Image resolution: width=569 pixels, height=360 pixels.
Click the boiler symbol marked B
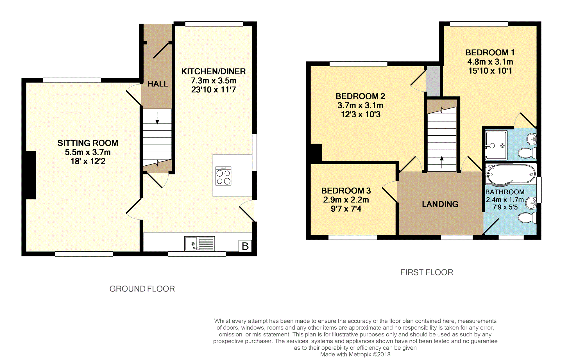(245, 246)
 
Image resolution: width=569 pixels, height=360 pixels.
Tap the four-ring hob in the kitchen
(223, 176)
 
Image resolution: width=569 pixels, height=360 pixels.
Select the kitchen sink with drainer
(200, 243)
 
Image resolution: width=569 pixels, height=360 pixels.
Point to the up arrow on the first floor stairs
(442, 162)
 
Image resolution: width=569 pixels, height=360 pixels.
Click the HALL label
(158, 84)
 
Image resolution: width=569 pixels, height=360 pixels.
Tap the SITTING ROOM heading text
(88, 143)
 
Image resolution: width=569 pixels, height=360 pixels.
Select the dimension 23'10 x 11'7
(213, 90)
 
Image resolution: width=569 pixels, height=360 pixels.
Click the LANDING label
(440, 204)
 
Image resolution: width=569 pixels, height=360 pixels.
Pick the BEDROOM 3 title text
(346, 191)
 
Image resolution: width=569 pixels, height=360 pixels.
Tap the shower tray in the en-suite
(496, 145)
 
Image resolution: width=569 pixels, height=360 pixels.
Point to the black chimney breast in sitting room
(31, 175)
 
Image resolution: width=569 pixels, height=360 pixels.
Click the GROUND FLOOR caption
(142, 289)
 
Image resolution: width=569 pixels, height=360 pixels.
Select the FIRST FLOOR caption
(427, 272)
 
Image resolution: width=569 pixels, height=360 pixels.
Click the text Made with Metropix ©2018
(355, 354)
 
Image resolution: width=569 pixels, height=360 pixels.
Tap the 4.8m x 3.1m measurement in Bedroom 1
(490, 62)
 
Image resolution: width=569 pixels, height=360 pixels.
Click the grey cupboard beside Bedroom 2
(433, 81)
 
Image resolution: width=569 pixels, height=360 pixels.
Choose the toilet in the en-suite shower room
(527, 153)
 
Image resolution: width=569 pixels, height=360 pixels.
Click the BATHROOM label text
(505, 192)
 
